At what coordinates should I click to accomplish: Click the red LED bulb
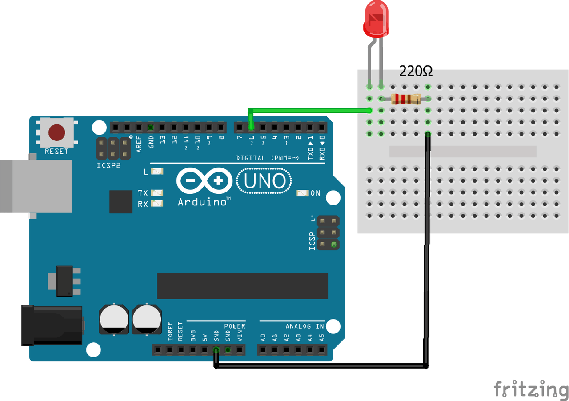click(x=376, y=20)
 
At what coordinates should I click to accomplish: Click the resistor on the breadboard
click(x=405, y=99)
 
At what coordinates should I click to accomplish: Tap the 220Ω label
click(x=416, y=71)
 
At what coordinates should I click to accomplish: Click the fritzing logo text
click(x=531, y=389)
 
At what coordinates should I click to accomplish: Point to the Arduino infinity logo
click(x=204, y=181)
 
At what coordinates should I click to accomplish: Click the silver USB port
click(x=36, y=185)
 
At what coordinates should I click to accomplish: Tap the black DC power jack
click(x=52, y=325)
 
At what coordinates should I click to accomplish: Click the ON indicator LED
click(x=302, y=193)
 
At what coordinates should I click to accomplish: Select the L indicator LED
click(x=157, y=172)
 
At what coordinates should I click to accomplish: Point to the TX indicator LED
click(x=157, y=193)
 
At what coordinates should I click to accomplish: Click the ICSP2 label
click(x=108, y=165)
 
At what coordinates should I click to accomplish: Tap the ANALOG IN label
click(x=305, y=326)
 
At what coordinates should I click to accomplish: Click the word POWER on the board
click(x=235, y=326)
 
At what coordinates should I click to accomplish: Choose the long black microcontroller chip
click(x=242, y=286)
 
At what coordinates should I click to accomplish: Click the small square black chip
click(x=121, y=202)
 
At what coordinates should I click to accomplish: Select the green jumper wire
click(x=311, y=109)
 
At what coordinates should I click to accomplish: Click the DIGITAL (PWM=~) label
click(x=268, y=158)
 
